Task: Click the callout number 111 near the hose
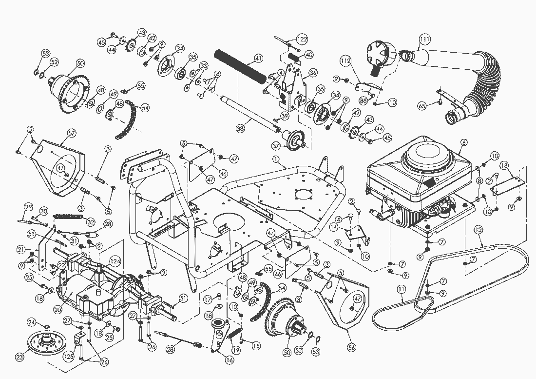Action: tap(424, 39)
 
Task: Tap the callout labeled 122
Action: tap(302, 39)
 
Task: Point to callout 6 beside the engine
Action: tap(464, 142)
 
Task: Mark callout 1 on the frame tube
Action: tap(276, 159)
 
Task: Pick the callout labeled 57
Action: tap(71, 132)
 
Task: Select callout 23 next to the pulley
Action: tap(19, 358)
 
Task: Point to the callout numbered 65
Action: tap(422, 105)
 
